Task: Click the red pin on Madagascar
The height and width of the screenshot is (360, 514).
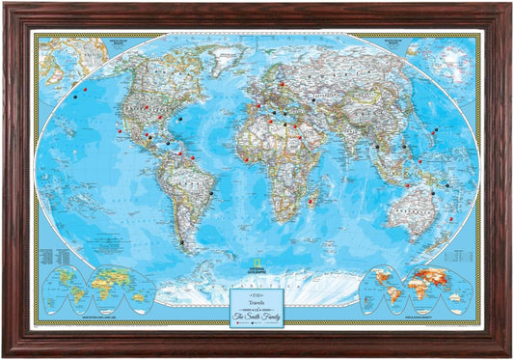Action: pos(314,201)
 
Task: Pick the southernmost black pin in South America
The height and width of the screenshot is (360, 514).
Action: pos(180,241)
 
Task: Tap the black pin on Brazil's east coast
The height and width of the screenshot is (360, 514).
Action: pos(210,193)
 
